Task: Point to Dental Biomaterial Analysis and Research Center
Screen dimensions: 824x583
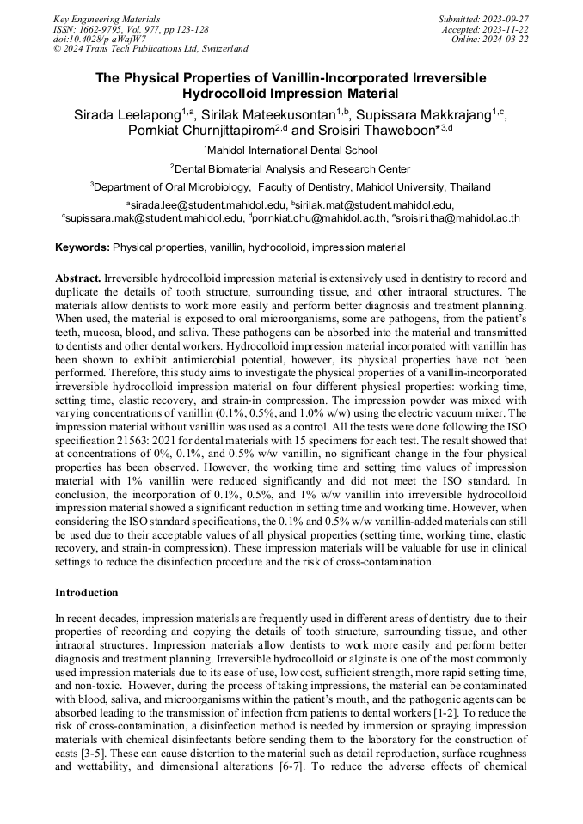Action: pos(292,168)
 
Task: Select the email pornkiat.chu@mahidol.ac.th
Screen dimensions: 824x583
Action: pos(318,218)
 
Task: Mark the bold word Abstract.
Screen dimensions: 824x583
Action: pos(77,280)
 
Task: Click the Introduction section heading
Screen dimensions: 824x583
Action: pos(86,593)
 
